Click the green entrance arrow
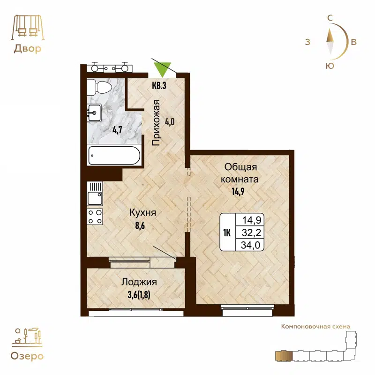coord(162,69)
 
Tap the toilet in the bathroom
coord(101,87)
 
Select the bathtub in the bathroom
coord(113,155)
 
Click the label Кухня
coord(142,213)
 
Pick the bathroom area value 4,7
coord(117,130)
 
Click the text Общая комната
coord(241,173)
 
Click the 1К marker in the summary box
coord(227,232)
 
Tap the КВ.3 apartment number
coord(159,85)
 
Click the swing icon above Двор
coord(27,28)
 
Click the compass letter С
coord(330,18)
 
